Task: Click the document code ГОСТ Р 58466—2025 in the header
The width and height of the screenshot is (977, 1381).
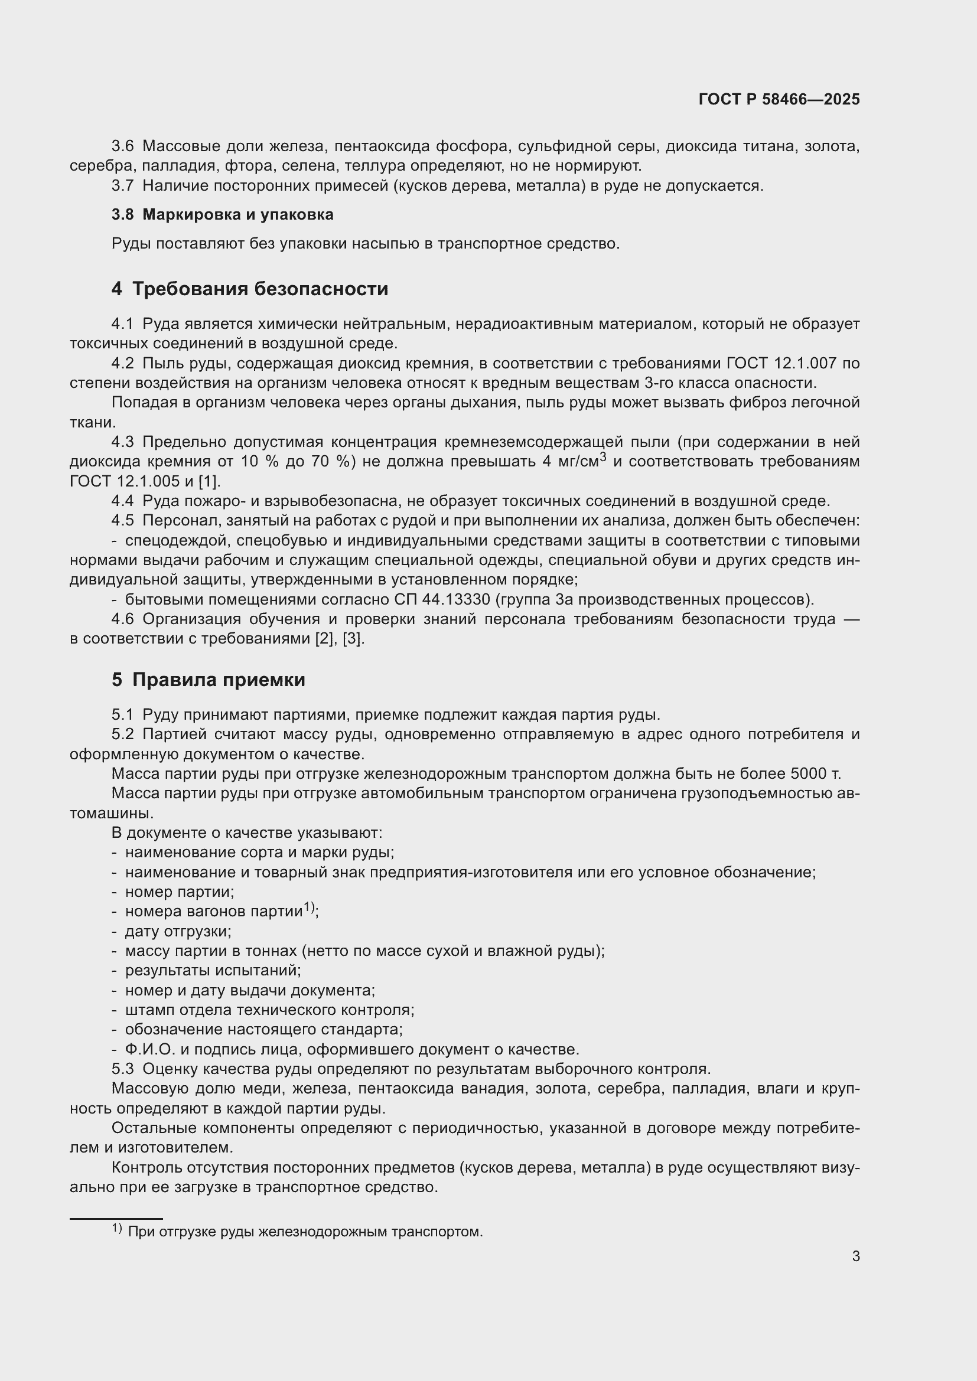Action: click(x=779, y=99)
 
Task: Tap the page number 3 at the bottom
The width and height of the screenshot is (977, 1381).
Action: click(x=855, y=1256)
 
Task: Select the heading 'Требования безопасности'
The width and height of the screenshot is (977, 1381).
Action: click(x=260, y=289)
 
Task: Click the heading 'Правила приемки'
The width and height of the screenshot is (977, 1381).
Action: click(x=219, y=680)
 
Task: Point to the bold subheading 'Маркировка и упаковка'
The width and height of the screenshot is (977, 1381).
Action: click(x=237, y=215)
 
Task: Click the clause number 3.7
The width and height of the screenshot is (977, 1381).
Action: click(x=123, y=186)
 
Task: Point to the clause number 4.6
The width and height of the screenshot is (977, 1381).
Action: click(x=123, y=619)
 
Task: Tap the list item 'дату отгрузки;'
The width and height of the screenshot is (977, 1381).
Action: click(x=178, y=931)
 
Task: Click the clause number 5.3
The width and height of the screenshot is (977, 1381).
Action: click(x=123, y=1069)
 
